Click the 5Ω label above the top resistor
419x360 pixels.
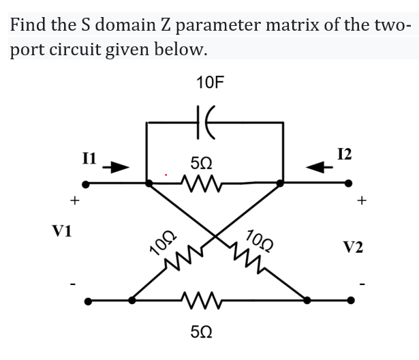[x=202, y=164]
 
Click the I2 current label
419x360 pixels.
[x=344, y=154]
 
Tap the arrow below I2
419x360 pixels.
[x=316, y=167]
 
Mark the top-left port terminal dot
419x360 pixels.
[x=86, y=183]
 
